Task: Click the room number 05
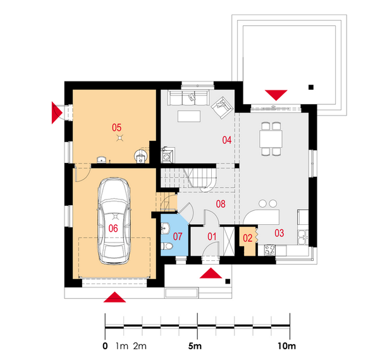coord(116,128)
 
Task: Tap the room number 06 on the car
coord(113,228)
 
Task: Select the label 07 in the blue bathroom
coord(178,236)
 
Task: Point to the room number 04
coord(227,140)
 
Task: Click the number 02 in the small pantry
coord(247,238)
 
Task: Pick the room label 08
coord(221,204)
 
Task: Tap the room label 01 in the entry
coord(212,236)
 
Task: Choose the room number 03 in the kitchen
coord(279,233)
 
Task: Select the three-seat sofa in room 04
coord(188,98)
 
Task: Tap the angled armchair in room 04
coord(222,107)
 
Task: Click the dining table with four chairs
coord(271,139)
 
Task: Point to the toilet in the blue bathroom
coord(167,246)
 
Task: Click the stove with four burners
coord(270,250)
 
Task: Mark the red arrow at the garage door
coord(114,297)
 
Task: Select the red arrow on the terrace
coord(276,95)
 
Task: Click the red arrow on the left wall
coord(57,112)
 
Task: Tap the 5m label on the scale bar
coord(195,346)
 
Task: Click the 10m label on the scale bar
coord(286,346)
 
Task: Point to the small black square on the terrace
coord(311,87)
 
